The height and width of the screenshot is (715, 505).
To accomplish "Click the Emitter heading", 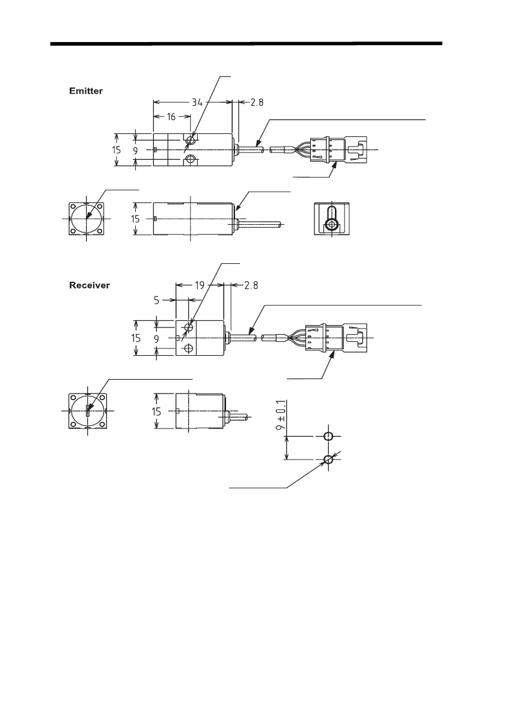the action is (87, 91).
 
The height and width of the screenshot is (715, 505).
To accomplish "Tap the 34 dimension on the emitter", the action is (197, 102).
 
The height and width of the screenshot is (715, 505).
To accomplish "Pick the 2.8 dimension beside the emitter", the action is (257, 102).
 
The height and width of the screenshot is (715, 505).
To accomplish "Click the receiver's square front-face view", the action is (88, 411).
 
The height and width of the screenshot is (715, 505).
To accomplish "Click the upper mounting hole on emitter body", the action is (191, 139).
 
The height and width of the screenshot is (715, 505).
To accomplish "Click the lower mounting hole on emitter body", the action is (191, 159).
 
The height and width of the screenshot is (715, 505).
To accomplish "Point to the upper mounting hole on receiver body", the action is (189, 327).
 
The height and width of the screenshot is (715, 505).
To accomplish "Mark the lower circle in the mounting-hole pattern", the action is (328, 460).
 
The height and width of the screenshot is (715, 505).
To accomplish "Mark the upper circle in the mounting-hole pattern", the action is (328, 436).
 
